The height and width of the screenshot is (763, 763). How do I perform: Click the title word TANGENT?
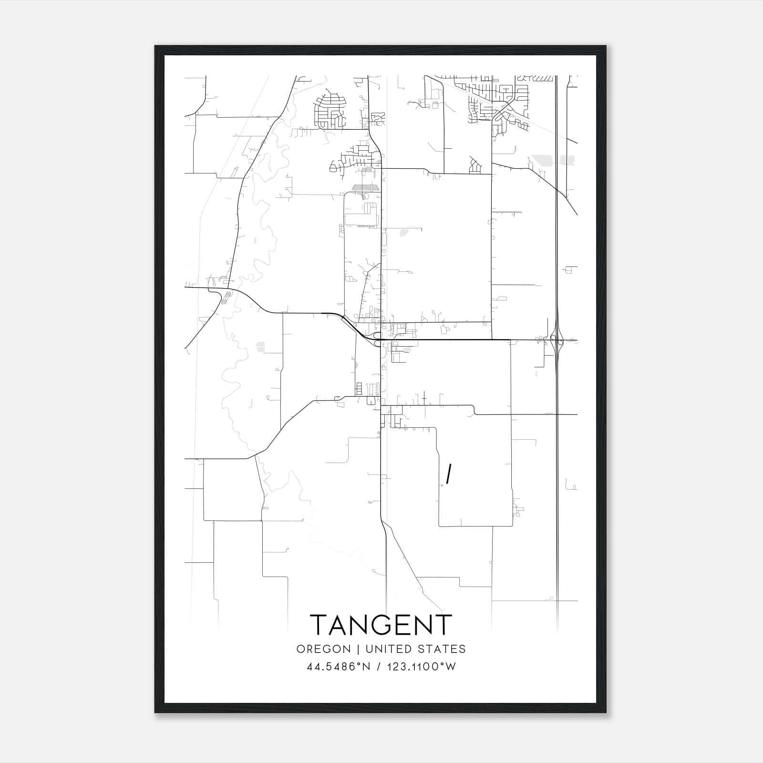(x=381, y=625)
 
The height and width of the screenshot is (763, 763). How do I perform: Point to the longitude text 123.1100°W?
(x=421, y=667)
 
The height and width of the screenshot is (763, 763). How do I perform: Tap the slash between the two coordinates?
(x=379, y=667)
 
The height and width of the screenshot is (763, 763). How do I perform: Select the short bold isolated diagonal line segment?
(x=448, y=474)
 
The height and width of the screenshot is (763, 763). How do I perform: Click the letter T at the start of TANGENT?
(x=320, y=625)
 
